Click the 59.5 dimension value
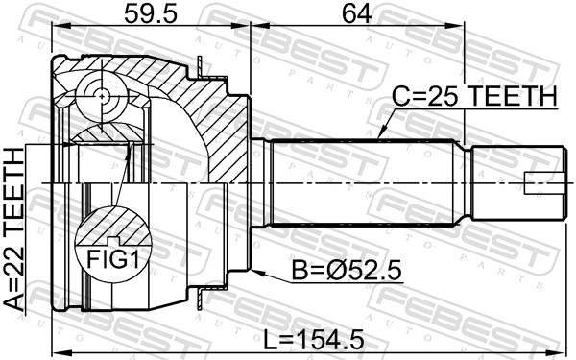(151, 13)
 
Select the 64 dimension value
(357, 13)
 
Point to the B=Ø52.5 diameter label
(347, 271)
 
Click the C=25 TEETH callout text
(474, 97)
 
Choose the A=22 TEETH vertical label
(14, 230)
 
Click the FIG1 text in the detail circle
(113, 260)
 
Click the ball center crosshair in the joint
(102, 96)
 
